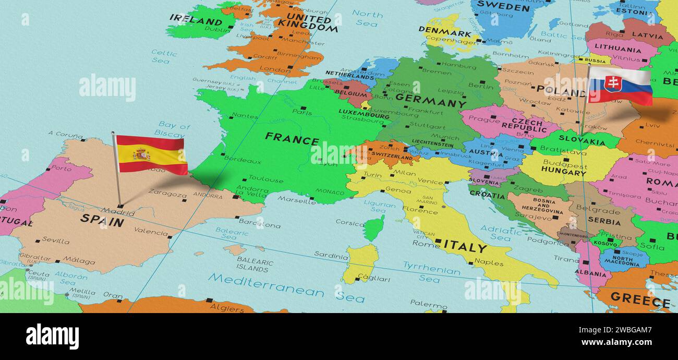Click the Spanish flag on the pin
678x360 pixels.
[x=151, y=154]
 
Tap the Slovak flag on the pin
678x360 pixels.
[x=620, y=86]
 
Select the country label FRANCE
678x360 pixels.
[x=292, y=139]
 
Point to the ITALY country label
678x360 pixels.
[x=465, y=247]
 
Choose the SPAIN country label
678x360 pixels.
[x=102, y=220]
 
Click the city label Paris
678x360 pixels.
[x=302, y=112]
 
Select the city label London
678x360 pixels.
[x=274, y=69]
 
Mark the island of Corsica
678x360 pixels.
[x=373, y=228]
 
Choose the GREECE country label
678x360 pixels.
[x=639, y=301]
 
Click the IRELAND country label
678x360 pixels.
[x=196, y=21]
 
